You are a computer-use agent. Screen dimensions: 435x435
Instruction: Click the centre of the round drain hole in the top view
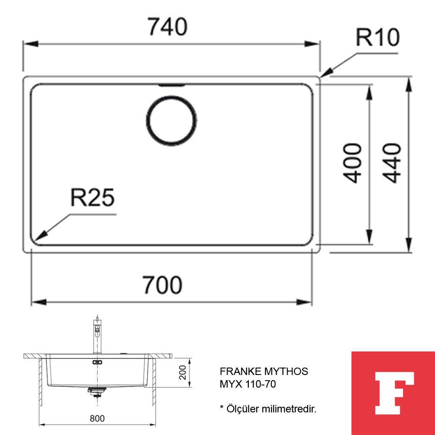pos(171,120)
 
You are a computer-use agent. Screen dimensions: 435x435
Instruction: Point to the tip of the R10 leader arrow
pos(320,77)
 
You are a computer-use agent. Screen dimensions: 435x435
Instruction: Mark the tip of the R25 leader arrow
pos(35,241)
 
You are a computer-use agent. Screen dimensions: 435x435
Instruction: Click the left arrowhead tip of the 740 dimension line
pos(23,44)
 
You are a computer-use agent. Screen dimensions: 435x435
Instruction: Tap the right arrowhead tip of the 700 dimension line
pos(312,302)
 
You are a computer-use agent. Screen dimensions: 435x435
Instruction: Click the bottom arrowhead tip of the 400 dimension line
pos(369,244)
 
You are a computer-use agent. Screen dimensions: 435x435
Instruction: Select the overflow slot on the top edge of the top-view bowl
pos(171,85)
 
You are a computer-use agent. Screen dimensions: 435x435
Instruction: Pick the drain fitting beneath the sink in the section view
pos(96,392)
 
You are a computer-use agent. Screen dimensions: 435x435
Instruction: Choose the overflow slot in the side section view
pos(97,362)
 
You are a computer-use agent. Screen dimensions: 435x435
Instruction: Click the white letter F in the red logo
pos(394,393)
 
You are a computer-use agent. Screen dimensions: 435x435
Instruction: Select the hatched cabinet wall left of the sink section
pos(40,382)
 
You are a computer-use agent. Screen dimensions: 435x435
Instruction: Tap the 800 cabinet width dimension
pos(97,418)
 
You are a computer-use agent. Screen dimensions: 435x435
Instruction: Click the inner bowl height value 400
pos(352,164)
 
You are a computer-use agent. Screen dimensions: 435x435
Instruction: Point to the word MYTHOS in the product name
pos(286,371)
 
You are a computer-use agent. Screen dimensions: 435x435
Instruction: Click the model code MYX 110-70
pos(248,384)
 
